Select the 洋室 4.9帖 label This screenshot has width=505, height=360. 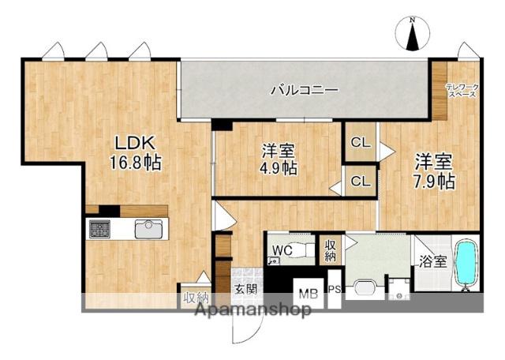pyautogui.click(x=279, y=157)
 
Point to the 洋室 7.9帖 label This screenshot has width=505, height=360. pyautogui.click(x=435, y=171)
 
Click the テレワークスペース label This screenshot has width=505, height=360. pyautogui.click(x=461, y=90)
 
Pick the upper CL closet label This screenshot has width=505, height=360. pyautogui.click(x=361, y=143)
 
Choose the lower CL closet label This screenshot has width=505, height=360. pyautogui.click(x=361, y=182)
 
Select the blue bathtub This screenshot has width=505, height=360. pyautogui.click(x=467, y=264)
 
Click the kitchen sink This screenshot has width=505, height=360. pyautogui.click(x=148, y=229)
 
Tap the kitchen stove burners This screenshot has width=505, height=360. pyautogui.click(x=101, y=229)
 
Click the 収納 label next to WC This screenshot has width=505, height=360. pyautogui.click(x=330, y=252)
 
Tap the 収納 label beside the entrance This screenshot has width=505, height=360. pyautogui.click(x=196, y=298)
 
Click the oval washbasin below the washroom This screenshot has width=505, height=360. pyautogui.click(x=364, y=287)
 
